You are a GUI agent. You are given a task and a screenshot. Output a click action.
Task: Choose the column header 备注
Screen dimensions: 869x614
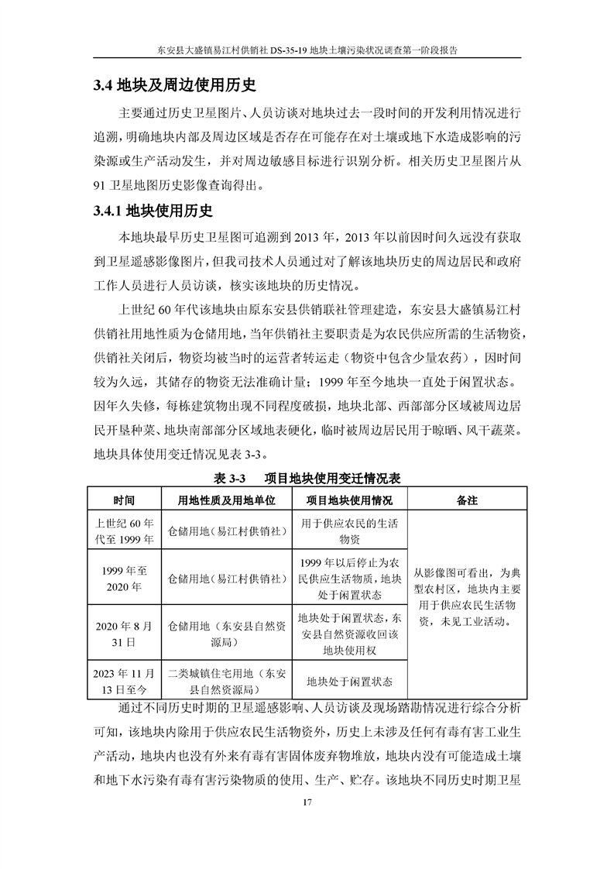(x=467, y=500)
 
